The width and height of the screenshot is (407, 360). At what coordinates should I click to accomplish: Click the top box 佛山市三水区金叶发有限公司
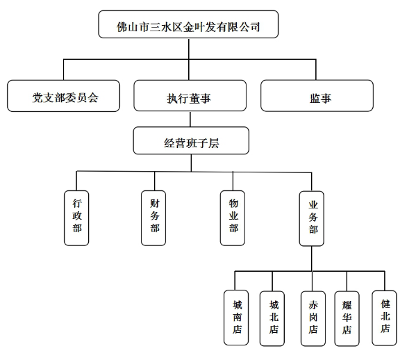tap(188, 24)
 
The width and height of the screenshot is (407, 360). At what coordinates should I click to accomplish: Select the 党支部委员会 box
tap(64, 96)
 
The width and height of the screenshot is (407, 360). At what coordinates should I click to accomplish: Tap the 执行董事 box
tap(190, 96)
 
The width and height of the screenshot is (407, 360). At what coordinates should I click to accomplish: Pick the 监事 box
tap(317, 96)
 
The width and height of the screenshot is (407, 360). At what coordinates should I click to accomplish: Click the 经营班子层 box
tap(191, 140)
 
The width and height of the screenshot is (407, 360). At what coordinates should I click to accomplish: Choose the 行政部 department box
tap(76, 218)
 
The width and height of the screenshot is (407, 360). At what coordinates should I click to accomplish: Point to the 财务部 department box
tap(153, 218)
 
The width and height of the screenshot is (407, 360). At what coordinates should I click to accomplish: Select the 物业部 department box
tap(233, 218)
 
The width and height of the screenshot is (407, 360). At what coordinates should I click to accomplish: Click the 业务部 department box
tap(311, 219)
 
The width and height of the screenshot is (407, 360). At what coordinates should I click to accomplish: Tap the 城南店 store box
tap(236, 318)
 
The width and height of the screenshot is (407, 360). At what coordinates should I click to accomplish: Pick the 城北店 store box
tap(272, 318)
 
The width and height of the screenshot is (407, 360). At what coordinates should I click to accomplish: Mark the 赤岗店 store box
tap(313, 319)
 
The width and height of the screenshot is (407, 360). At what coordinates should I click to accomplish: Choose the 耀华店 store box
tap(347, 319)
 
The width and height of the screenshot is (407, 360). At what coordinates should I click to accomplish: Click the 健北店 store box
tap(384, 318)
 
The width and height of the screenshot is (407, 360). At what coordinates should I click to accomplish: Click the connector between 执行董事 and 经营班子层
tap(190, 120)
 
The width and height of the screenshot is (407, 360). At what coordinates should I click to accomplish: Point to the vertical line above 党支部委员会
tap(64, 69)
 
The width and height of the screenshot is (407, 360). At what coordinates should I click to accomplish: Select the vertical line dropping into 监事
tap(316, 69)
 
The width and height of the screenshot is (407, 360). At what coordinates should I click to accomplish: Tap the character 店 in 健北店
tap(385, 328)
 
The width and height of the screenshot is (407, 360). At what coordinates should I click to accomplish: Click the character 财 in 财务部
tap(154, 204)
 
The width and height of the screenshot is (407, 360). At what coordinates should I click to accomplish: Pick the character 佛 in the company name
tap(122, 27)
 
